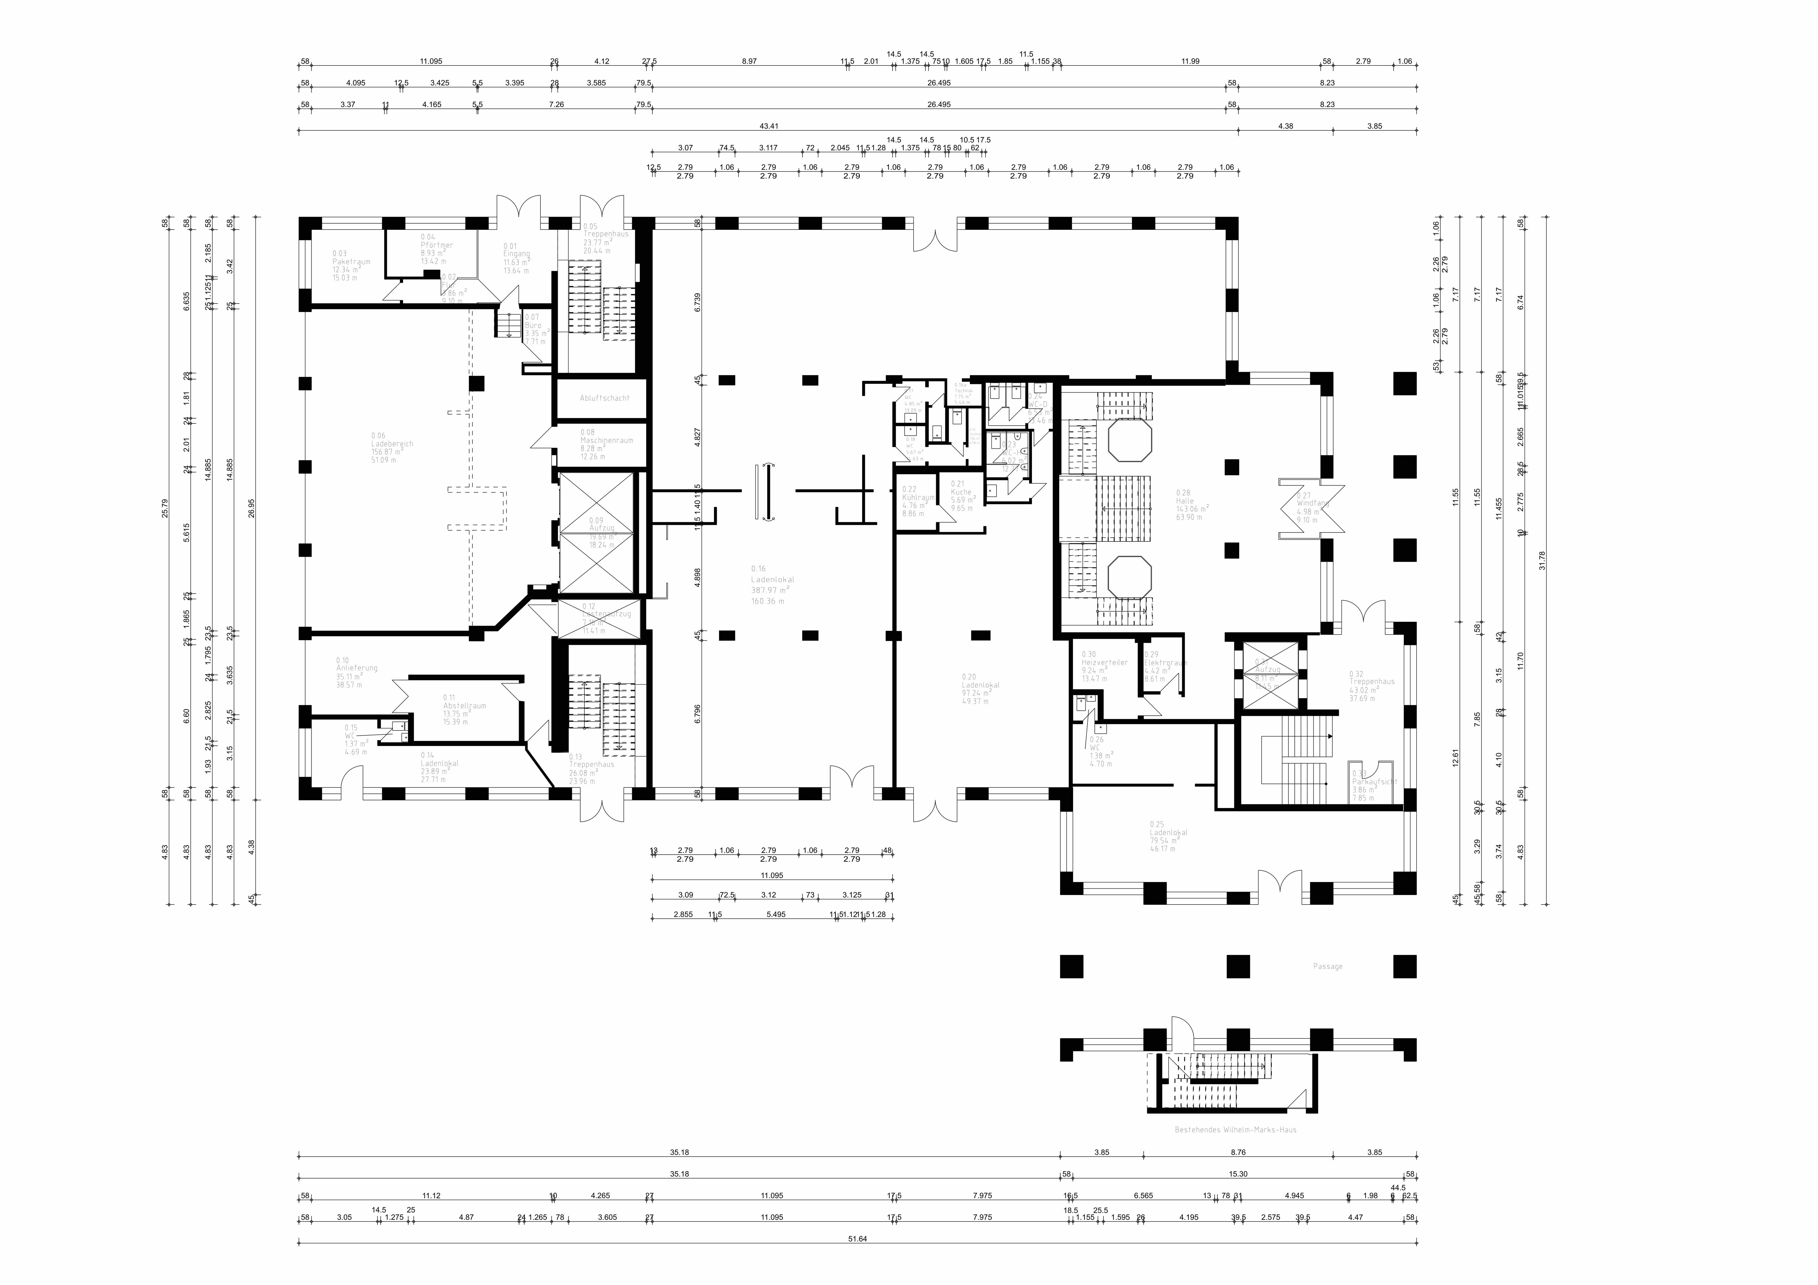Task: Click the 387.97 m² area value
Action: [770, 590]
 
